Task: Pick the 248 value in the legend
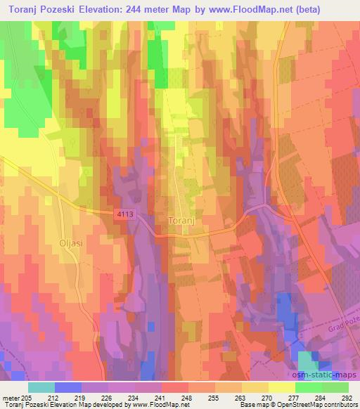pyautogui.click(x=188, y=397)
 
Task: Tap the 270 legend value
pyautogui.click(x=266, y=397)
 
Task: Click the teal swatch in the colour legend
pyautogui.click(x=41, y=387)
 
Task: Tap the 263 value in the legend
pyautogui.click(x=240, y=397)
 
